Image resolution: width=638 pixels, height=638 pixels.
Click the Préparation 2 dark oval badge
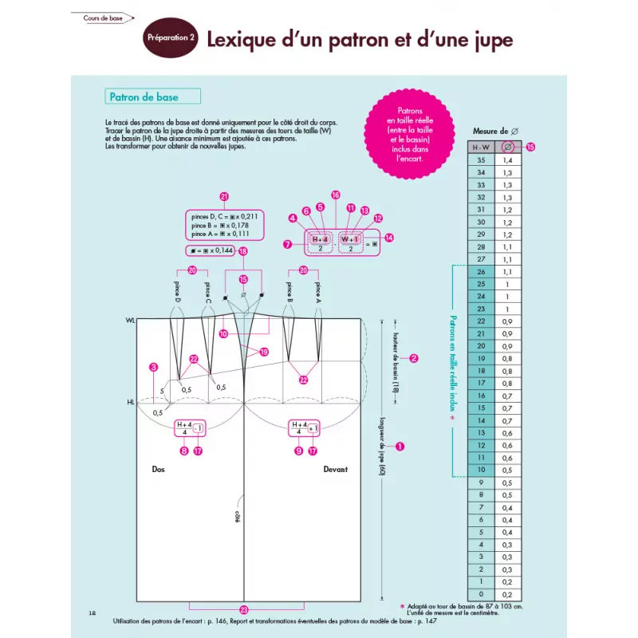point(171,38)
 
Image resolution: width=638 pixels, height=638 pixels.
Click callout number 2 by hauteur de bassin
point(414,358)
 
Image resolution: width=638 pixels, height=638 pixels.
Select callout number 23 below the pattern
point(244,608)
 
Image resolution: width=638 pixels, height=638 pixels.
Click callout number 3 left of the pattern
point(153,368)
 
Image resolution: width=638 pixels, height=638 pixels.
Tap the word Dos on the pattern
point(158,470)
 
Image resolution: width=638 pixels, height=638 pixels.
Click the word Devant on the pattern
point(335,470)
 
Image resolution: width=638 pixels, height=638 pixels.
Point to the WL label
point(130,320)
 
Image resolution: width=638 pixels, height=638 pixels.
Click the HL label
point(130,403)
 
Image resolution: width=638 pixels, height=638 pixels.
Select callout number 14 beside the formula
point(389,238)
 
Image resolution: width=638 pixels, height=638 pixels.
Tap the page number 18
point(93,612)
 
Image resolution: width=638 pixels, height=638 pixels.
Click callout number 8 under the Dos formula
point(184,451)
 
